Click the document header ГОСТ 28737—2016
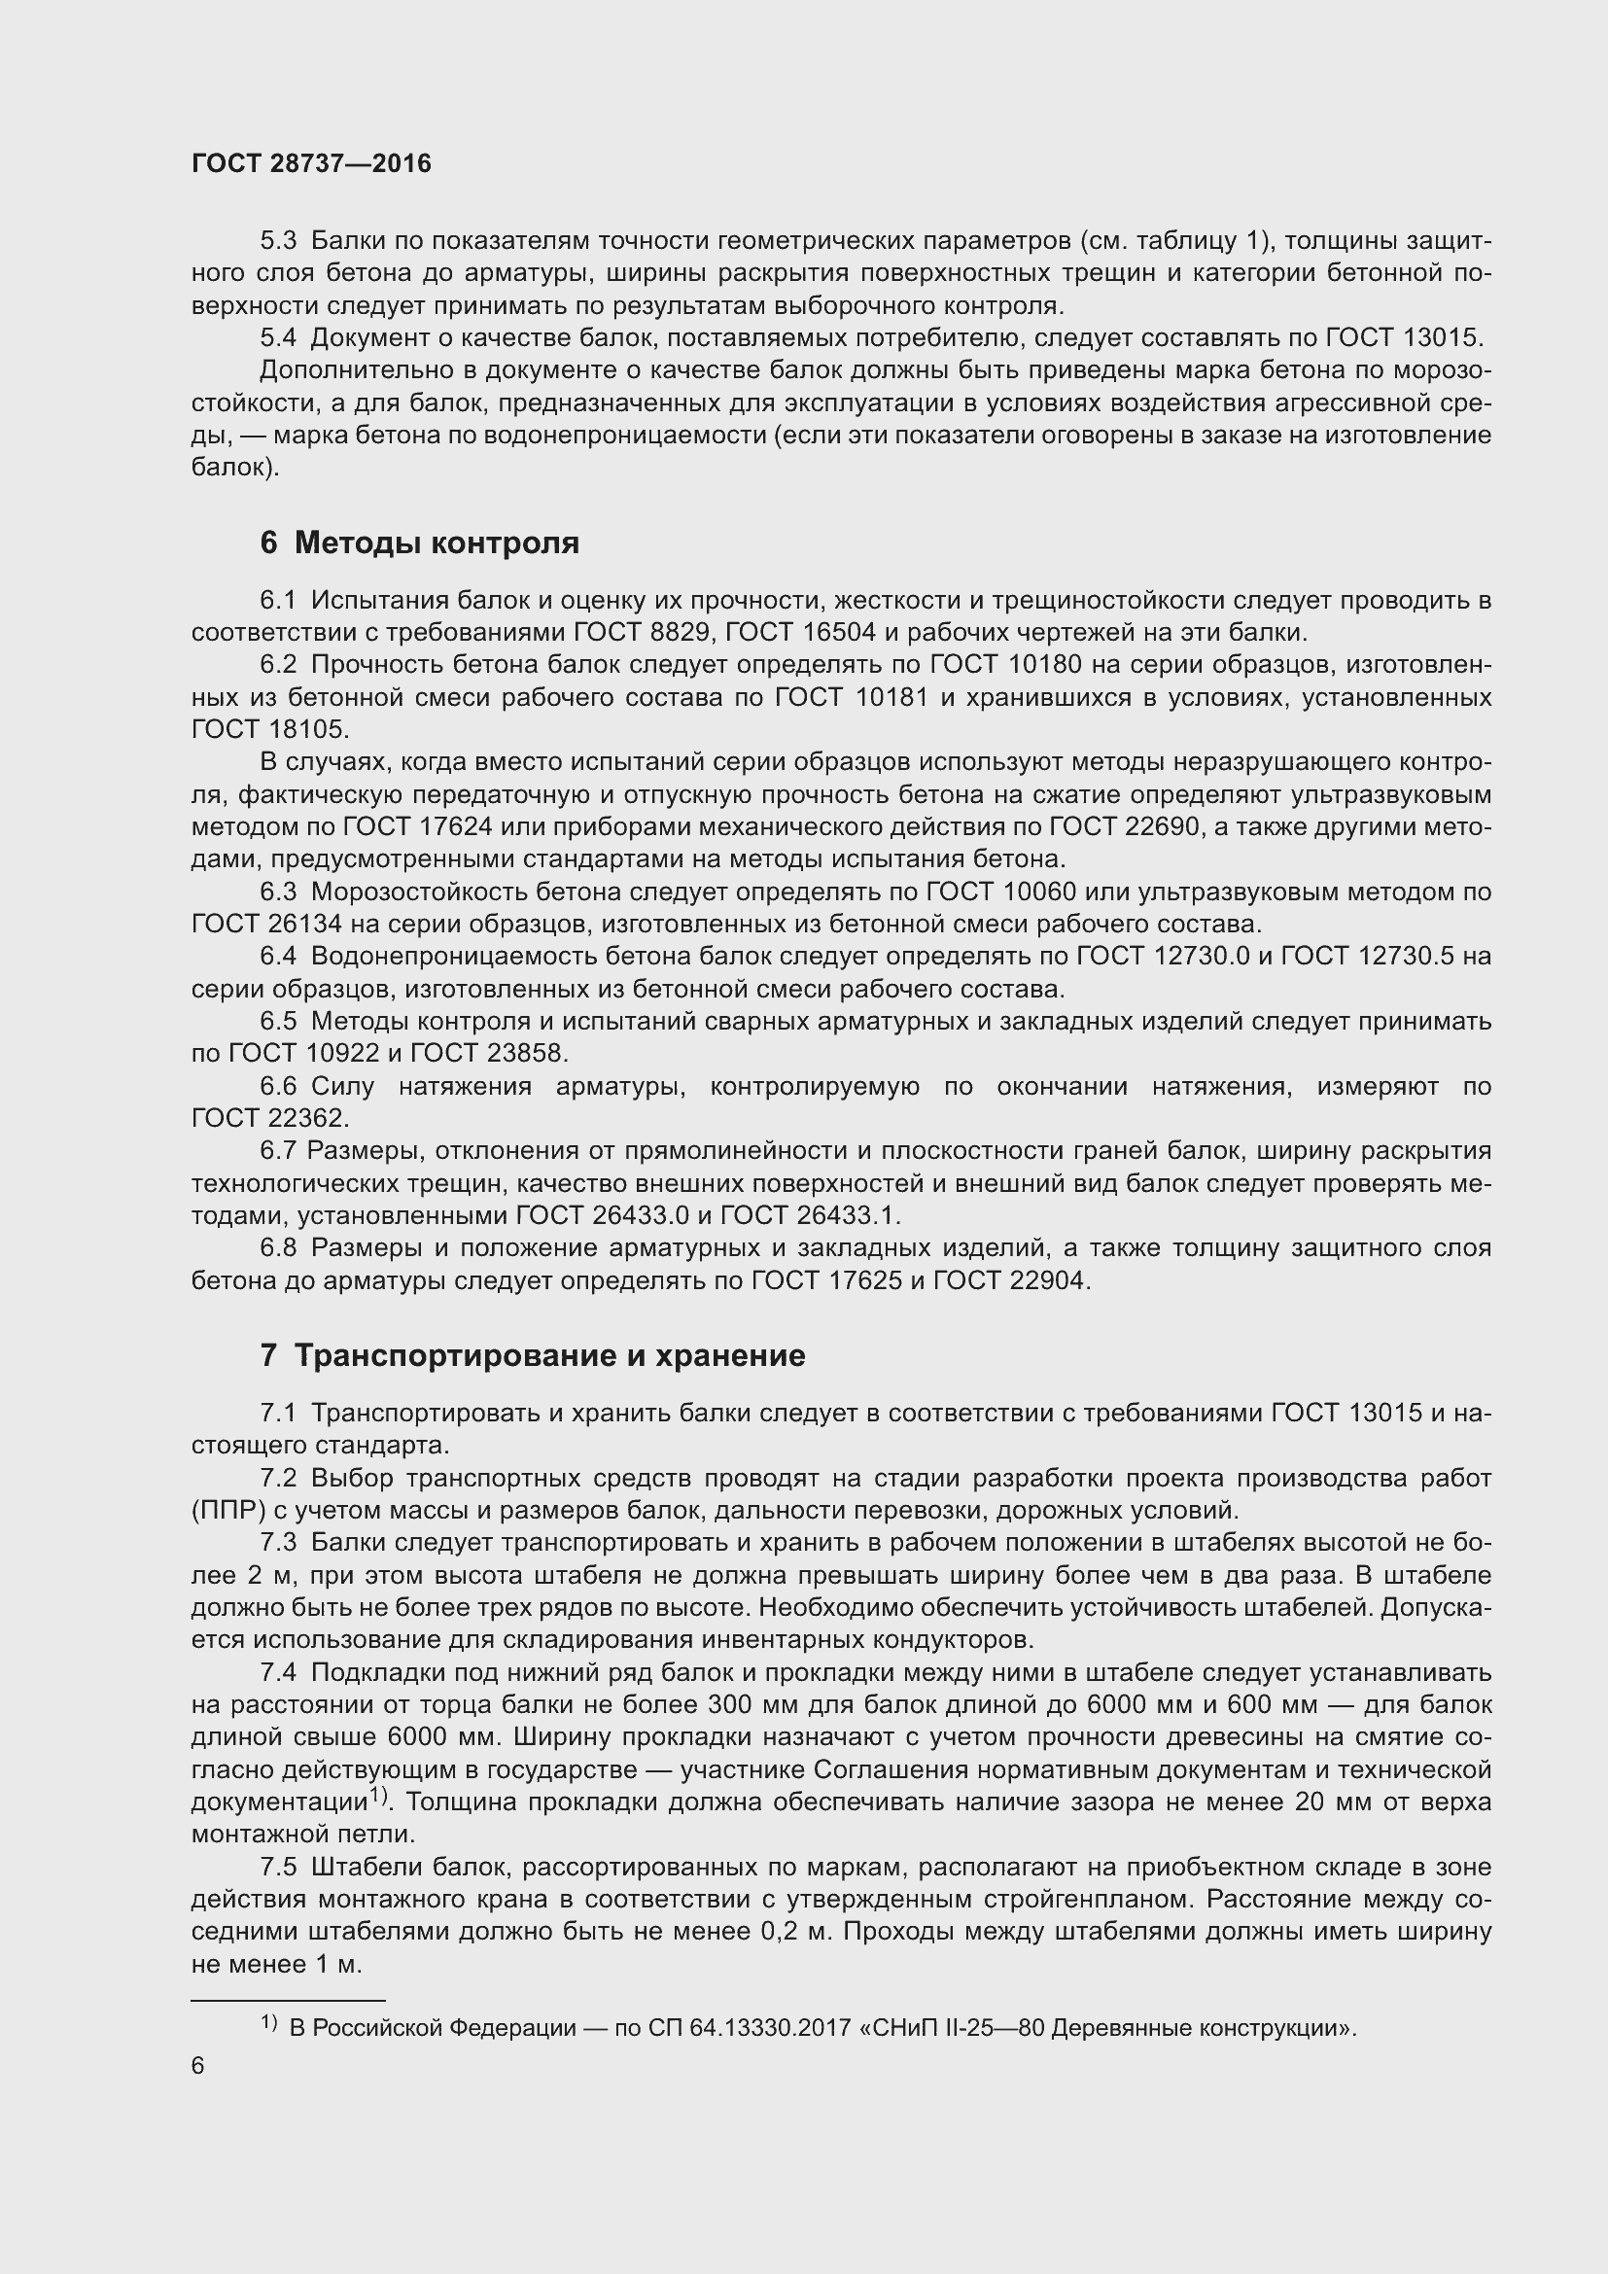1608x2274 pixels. point(311,163)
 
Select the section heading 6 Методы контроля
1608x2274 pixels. point(419,542)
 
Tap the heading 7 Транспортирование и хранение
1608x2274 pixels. point(533,1356)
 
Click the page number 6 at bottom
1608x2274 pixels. point(198,2066)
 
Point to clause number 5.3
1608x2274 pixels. point(278,241)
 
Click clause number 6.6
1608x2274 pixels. point(278,1087)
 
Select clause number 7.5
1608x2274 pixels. point(278,1867)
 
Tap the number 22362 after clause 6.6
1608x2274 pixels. point(305,1118)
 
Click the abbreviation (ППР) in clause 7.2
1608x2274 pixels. point(225,1511)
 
